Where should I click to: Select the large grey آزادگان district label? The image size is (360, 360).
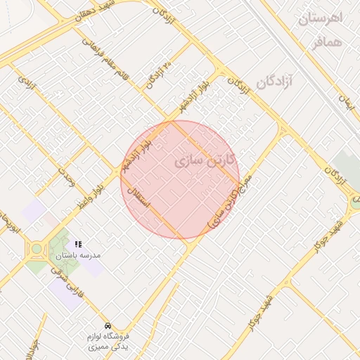pos(278,82)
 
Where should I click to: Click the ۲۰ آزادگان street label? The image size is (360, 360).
pos(159,75)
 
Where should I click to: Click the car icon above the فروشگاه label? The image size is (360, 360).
pos(107,326)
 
